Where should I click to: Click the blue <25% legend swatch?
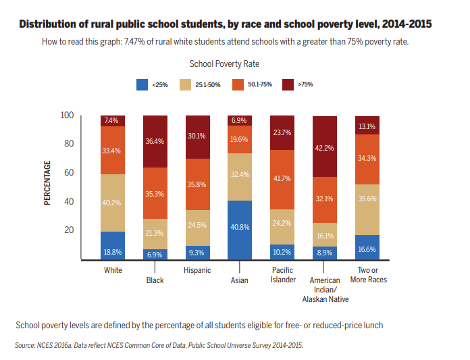(x=142, y=84)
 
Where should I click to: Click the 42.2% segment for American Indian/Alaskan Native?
(x=324, y=146)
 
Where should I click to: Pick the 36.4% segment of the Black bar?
(x=155, y=141)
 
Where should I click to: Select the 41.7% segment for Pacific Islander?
(x=282, y=180)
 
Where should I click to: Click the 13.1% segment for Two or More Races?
(x=367, y=126)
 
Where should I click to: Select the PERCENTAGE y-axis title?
(x=48, y=183)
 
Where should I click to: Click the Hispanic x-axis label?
(x=197, y=270)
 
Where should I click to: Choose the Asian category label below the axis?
(x=239, y=280)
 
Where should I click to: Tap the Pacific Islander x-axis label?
(x=282, y=275)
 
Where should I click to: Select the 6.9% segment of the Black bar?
(x=155, y=254)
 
